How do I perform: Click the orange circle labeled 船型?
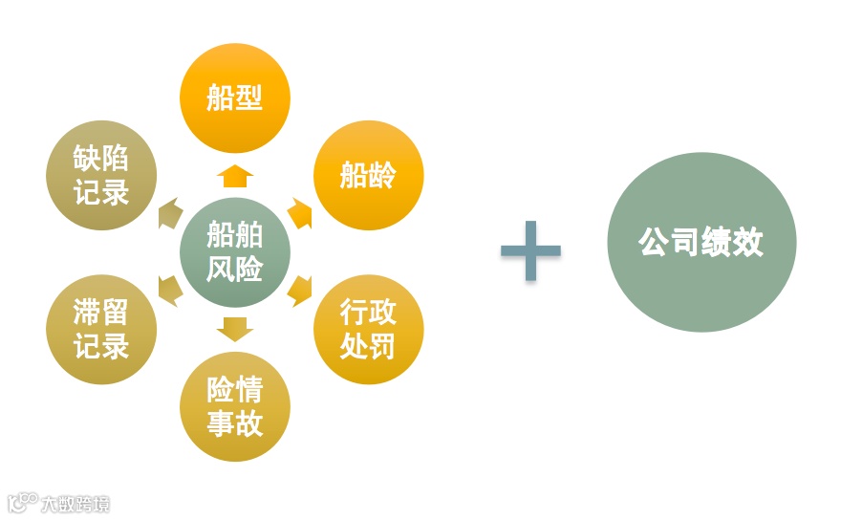coord(234,97)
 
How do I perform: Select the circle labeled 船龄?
coord(368,176)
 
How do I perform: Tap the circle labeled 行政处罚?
coord(368,329)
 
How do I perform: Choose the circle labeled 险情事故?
coord(234,406)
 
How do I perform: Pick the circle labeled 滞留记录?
coord(100,329)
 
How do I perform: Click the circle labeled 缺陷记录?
coord(100,175)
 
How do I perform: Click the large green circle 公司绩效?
coord(701,242)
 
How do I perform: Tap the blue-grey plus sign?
coord(530,250)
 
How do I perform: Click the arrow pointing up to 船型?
coord(234,176)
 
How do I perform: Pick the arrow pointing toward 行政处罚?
coord(300,290)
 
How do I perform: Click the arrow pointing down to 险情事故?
coord(234,329)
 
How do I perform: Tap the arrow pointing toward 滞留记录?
coord(169,290)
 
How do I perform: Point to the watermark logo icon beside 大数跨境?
coord(22,502)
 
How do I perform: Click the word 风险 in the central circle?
coord(234,270)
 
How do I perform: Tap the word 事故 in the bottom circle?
coord(234,423)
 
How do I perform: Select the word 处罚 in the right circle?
coord(368,346)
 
